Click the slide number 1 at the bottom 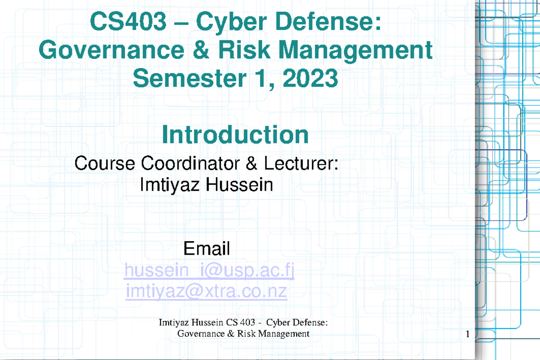coord(468,334)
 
